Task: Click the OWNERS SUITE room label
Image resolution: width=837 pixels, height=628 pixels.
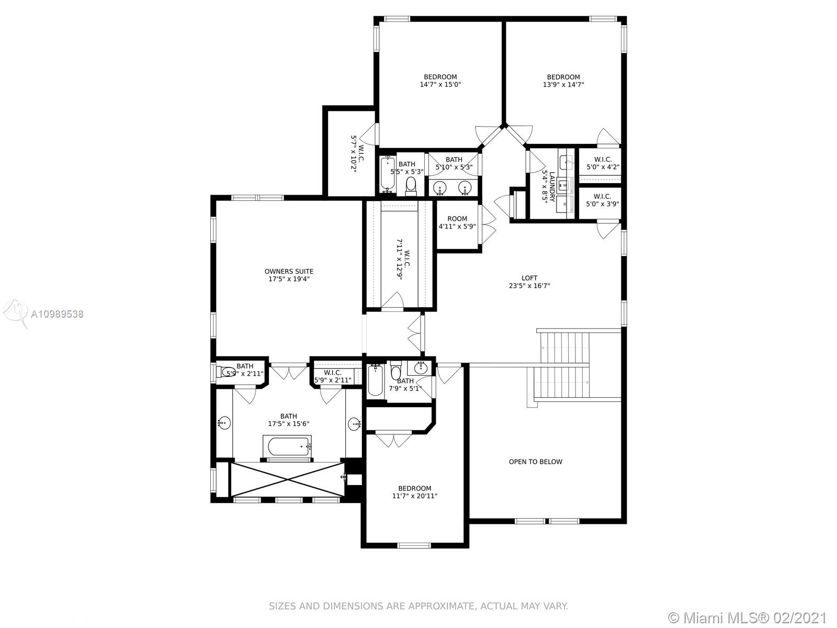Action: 289,272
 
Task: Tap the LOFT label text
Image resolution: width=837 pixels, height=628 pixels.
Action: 529,278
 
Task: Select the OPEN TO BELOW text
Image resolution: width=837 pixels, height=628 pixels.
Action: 535,462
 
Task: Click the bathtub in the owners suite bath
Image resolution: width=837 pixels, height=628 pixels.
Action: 288,446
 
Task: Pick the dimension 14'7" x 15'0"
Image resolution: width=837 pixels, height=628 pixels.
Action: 440,85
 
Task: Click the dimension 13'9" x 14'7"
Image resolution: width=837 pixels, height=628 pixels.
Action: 563,85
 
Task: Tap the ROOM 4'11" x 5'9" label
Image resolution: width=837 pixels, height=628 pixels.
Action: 457,222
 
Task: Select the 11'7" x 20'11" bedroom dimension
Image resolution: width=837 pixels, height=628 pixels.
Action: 414,496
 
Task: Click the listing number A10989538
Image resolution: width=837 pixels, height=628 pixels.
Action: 57,314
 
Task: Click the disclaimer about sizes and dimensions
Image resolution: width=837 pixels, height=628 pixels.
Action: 418,606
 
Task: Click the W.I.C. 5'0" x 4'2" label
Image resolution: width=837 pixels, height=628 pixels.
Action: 603,163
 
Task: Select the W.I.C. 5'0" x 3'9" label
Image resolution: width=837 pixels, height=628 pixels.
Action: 603,200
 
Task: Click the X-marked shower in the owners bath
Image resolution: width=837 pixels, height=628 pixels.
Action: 287,480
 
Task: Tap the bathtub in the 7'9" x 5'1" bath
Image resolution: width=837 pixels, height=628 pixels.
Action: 375,380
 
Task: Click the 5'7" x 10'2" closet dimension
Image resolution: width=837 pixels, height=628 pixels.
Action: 354,154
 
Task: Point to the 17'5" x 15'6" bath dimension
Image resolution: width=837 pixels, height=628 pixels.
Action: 289,423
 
